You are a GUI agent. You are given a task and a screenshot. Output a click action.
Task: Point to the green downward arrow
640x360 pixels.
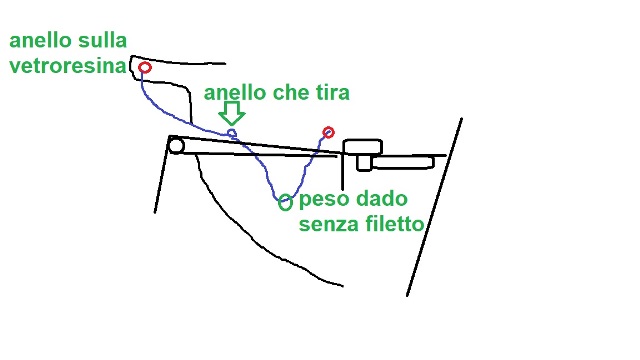point(232,113)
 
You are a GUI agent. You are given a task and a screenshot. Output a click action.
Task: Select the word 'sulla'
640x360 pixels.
point(101,40)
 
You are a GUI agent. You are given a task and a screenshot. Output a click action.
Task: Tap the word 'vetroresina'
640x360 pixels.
point(68,66)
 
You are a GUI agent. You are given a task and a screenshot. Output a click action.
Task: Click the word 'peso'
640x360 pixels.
point(324,200)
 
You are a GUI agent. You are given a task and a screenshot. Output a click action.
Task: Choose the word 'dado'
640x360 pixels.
point(382,199)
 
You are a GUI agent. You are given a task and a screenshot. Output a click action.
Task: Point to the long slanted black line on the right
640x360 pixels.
point(434,207)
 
